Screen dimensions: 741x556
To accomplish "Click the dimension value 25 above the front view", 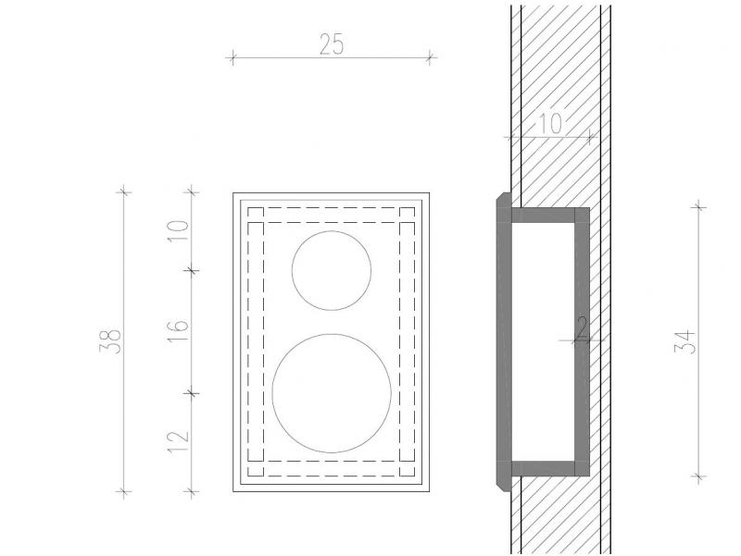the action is [332, 44].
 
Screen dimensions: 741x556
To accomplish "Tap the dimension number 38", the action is [110, 341].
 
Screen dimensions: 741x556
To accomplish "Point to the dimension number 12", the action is [178, 441].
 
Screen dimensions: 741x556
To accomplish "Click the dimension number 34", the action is [684, 342].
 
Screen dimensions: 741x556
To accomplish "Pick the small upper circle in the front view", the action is [332, 270].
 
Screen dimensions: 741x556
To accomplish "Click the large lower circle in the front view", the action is [332, 393].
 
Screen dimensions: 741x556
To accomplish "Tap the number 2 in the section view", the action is [582, 328].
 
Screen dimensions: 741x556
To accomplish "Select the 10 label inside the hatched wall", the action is [549, 124].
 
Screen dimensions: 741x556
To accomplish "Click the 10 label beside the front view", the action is [178, 230].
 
